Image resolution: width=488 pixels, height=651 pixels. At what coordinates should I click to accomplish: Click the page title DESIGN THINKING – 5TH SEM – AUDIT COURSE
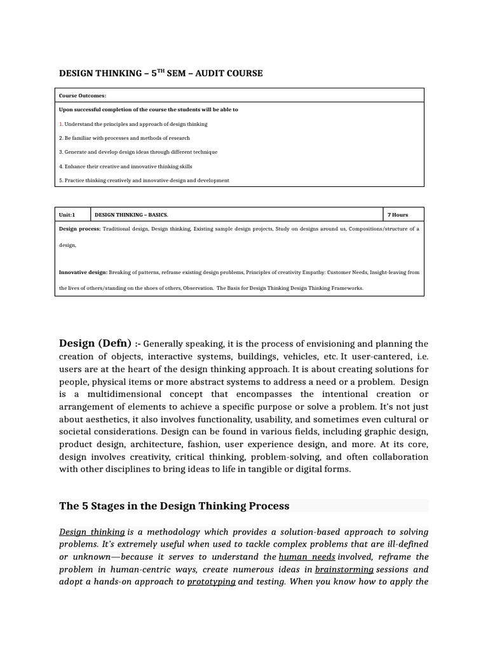161,73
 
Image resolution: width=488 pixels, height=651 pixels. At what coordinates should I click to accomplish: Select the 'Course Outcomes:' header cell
83,95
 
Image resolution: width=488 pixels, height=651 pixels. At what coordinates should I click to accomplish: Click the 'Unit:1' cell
67,215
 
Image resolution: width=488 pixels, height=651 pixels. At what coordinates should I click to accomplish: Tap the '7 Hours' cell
398,215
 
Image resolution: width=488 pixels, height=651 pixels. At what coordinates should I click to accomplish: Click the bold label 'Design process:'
79,228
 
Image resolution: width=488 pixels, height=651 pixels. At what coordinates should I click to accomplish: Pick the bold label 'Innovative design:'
83,272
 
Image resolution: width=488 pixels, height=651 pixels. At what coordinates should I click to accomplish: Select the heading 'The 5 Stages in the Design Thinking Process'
174,506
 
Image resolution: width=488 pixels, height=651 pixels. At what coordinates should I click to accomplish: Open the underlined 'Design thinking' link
92,531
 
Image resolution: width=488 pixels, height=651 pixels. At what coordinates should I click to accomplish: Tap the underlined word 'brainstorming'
344,569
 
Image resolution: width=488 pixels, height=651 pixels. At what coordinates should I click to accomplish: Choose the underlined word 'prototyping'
211,582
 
